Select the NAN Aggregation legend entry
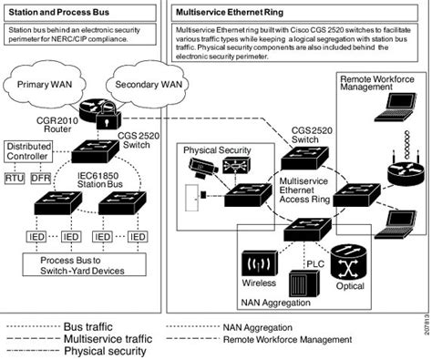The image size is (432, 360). [x=264, y=324]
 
